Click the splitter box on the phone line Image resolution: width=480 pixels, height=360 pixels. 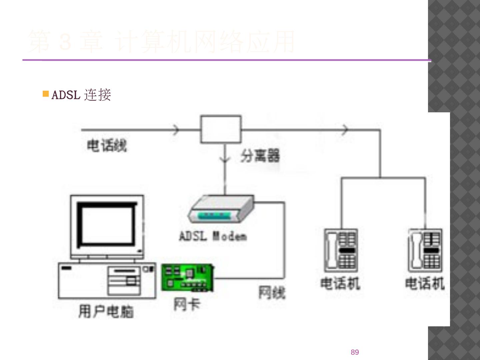pos(221,129)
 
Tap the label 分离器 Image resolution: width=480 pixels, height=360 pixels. pos(260,156)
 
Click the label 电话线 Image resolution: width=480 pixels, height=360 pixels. pos(107,146)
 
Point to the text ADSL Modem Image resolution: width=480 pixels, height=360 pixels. pos(213,236)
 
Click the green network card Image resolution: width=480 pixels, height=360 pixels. pos(187,277)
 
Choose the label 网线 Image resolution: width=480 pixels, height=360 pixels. pos(272,293)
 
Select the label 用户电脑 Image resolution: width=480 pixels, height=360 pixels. pos(106,311)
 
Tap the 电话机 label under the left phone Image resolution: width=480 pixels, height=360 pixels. pos(340,283)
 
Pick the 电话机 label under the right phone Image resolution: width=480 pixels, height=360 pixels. pos(425,283)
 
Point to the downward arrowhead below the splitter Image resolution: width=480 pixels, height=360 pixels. pos(225,159)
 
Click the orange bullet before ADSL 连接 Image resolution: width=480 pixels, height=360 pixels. pos(46,94)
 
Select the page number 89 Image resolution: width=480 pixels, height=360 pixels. pos(355,352)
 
